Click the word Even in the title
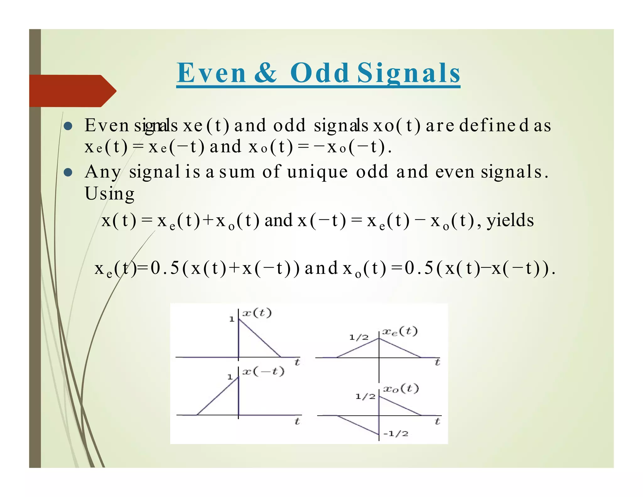click(x=211, y=73)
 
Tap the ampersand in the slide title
click(x=266, y=73)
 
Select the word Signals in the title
click(x=408, y=73)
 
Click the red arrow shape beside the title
click(x=72, y=91)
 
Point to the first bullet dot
click(x=68, y=126)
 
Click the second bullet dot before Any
click(x=68, y=172)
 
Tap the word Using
click(x=110, y=194)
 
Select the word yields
click(x=510, y=220)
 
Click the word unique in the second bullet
click(x=317, y=172)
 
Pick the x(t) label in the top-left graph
click(x=257, y=313)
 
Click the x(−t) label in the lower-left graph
click(x=264, y=371)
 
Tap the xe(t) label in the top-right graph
click(x=400, y=331)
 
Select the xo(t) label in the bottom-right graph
click(x=401, y=389)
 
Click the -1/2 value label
click(x=396, y=434)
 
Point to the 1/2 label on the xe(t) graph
click(x=359, y=337)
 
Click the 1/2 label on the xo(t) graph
click(x=365, y=396)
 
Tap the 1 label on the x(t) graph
click(x=232, y=319)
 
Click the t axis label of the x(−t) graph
click(x=297, y=421)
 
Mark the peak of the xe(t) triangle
click(x=379, y=338)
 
